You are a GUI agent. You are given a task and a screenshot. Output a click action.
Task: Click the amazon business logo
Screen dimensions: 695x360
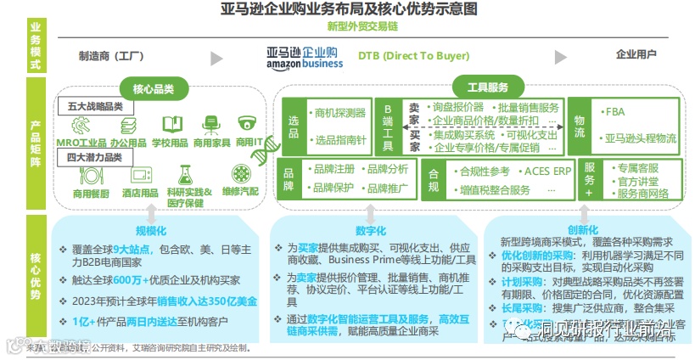pos(304,57)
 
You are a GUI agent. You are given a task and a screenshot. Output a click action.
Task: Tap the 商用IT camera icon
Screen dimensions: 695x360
pos(247,125)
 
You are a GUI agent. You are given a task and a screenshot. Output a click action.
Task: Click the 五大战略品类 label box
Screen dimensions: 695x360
pos(96,107)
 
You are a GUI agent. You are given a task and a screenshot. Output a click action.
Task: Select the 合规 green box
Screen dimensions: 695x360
pos(433,178)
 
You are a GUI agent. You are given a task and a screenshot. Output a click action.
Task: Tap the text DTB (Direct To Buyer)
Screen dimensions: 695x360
pos(425,55)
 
